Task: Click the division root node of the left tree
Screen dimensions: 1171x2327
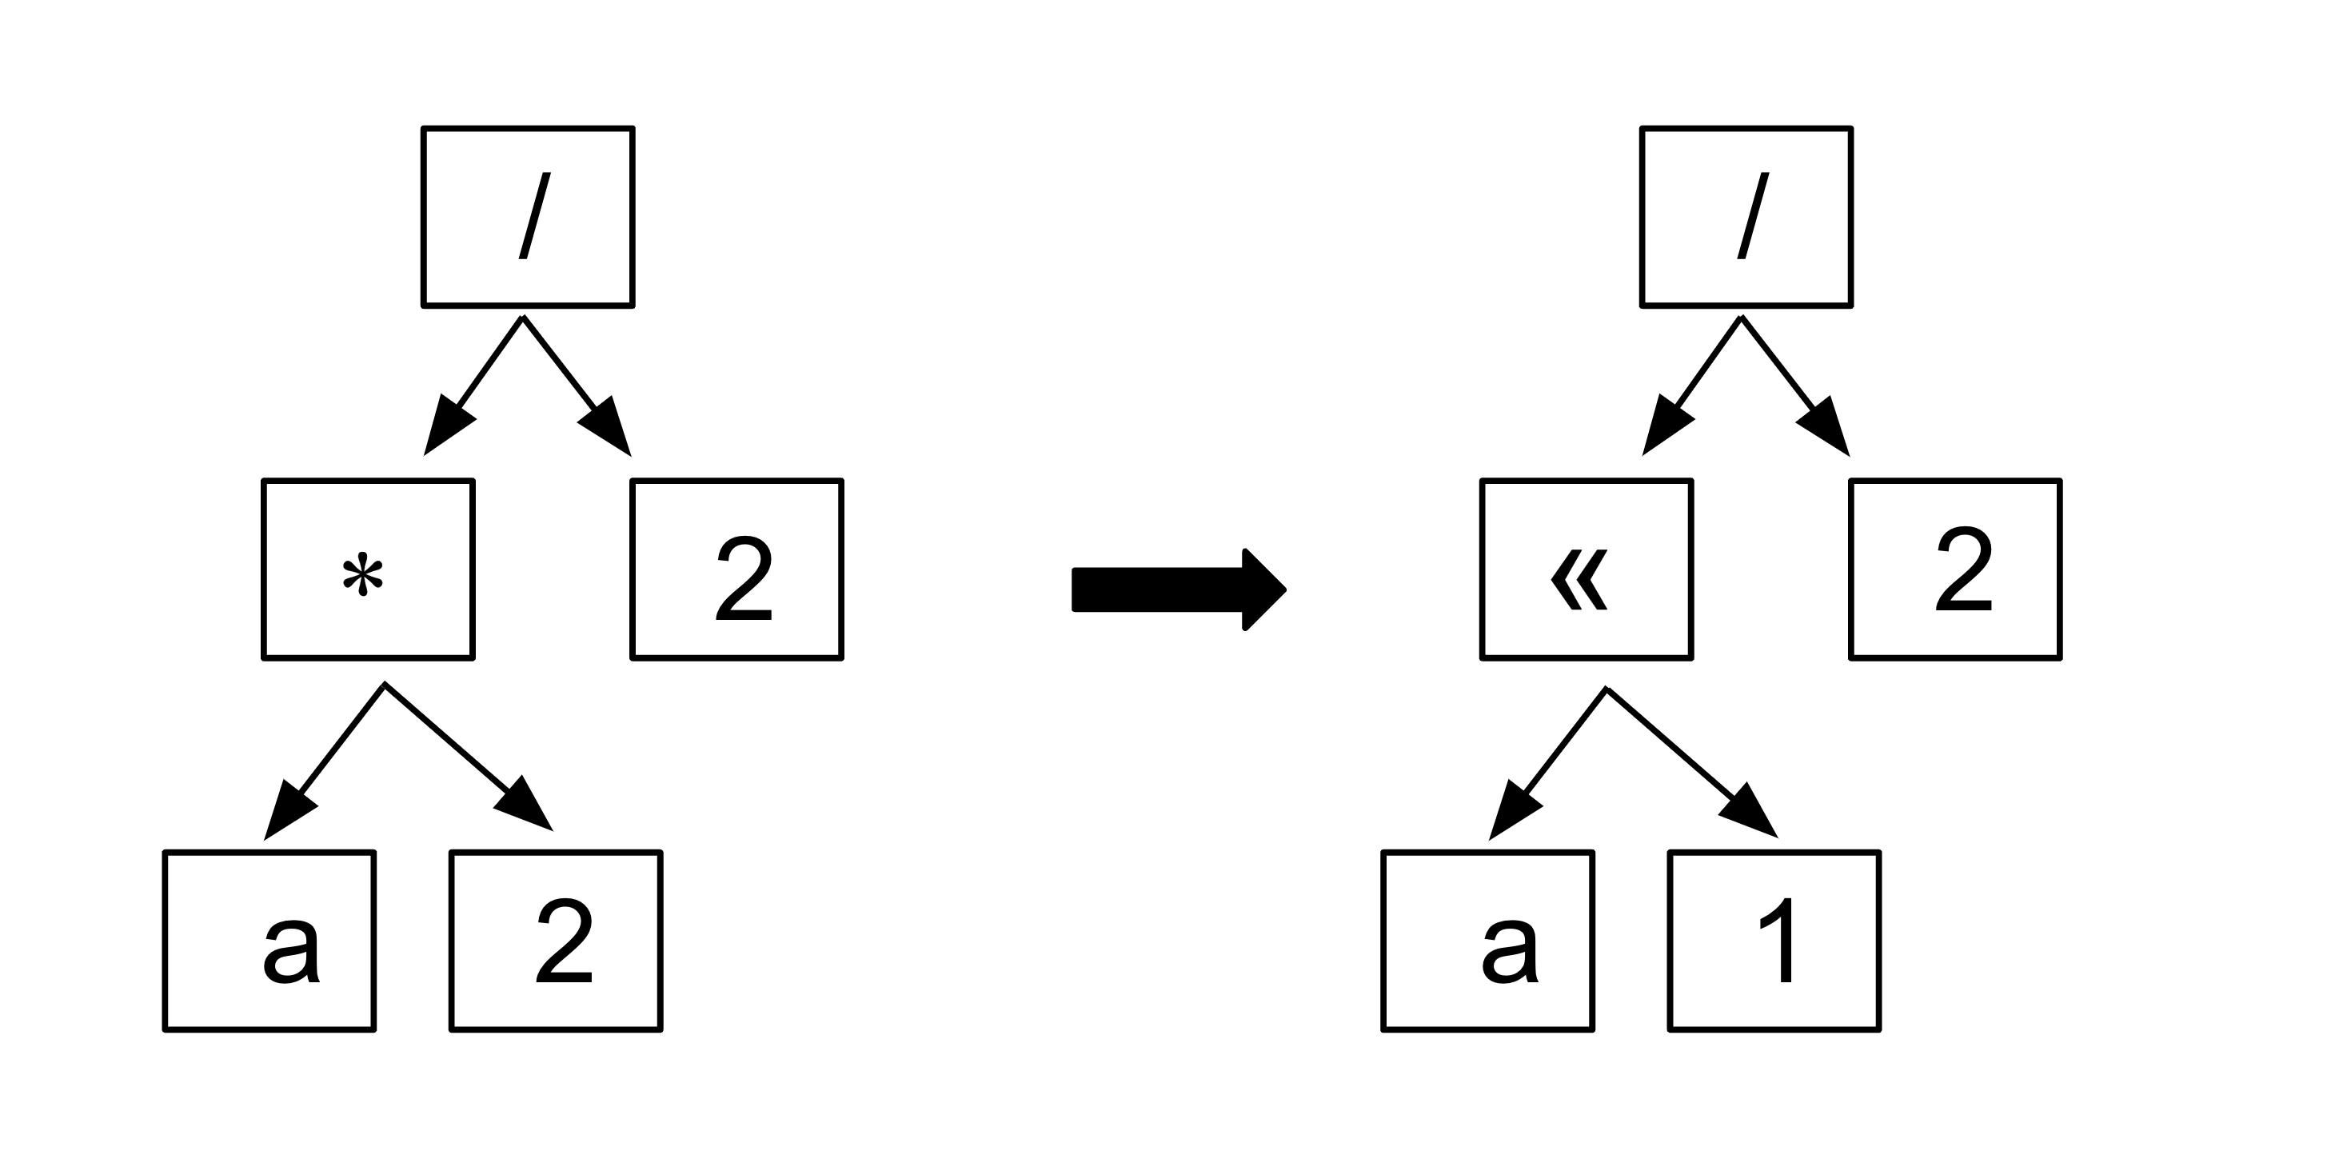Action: click(528, 217)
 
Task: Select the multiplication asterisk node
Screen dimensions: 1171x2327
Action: click(368, 570)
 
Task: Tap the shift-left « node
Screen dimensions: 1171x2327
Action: click(1586, 570)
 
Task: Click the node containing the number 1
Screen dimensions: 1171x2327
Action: click(1774, 940)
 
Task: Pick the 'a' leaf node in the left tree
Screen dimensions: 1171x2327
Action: click(269, 940)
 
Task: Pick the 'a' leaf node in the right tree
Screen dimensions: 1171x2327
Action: click(1487, 940)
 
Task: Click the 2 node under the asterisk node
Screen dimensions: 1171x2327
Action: click(556, 940)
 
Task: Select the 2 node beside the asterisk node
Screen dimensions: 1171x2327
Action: click(736, 570)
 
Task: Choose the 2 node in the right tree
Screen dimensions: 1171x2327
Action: click(1955, 570)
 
